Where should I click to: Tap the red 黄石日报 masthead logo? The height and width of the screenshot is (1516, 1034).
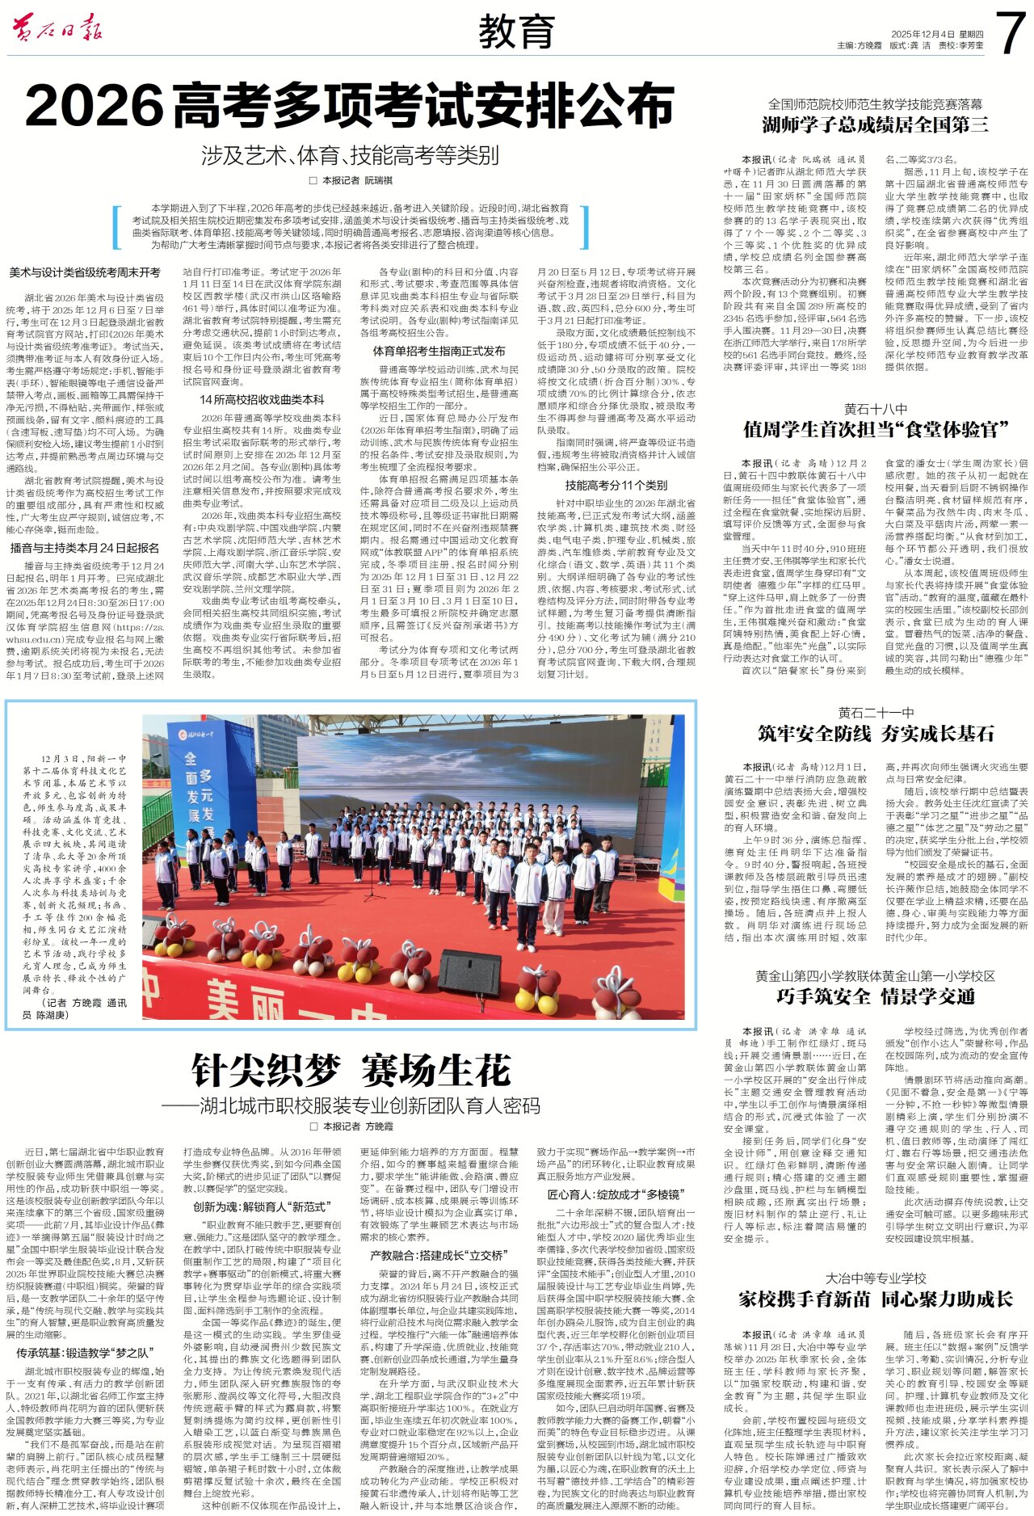[x=57, y=30]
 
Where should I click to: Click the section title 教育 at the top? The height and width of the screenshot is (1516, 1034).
[x=516, y=32]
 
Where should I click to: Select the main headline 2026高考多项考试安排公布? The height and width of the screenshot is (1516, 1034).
[x=350, y=106]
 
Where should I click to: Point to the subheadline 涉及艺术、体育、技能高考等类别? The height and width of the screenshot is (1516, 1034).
[x=350, y=155]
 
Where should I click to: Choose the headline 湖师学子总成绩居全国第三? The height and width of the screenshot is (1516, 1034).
[x=875, y=124]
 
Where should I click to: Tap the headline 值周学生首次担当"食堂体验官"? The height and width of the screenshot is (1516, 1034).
[x=875, y=429]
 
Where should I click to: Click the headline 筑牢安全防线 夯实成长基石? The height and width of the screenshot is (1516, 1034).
[x=875, y=733]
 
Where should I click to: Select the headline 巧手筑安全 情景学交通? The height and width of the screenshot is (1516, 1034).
[x=875, y=996]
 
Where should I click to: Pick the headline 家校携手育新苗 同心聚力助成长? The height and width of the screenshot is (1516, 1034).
[x=875, y=1299]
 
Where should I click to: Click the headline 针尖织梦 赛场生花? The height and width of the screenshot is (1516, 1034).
[x=351, y=1072]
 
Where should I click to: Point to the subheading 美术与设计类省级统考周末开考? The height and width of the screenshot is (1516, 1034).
[x=85, y=273]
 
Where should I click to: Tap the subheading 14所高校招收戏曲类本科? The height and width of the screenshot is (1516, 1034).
[x=262, y=399]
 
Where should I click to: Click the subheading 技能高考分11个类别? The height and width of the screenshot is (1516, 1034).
[x=616, y=485]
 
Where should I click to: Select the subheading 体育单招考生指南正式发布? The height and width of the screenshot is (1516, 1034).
[x=439, y=351]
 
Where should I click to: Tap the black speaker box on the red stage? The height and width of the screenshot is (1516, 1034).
[x=469, y=973]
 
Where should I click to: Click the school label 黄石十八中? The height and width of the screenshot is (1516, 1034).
[x=875, y=409]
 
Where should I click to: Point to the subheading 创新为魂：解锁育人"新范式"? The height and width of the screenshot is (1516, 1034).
[x=262, y=1206]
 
